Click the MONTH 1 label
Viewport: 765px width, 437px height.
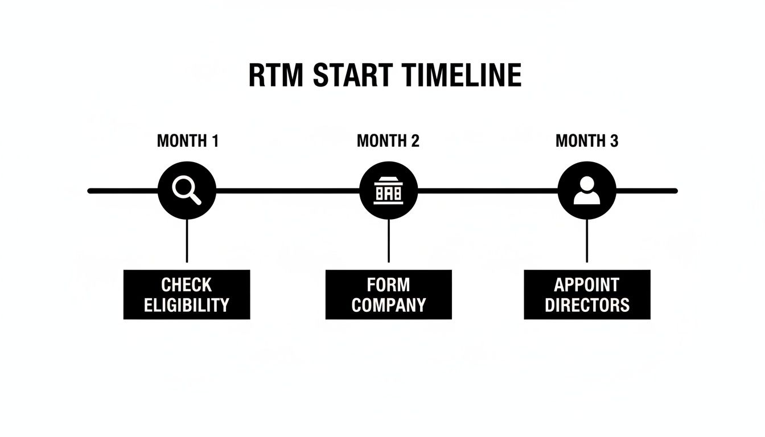(187, 141)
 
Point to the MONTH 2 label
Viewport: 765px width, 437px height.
(388, 141)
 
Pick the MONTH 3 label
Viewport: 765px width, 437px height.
(587, 141)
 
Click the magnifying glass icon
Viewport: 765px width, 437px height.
(187, 190)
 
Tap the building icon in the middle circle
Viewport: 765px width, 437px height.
(388, 192)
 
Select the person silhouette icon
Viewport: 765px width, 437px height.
(587, 191)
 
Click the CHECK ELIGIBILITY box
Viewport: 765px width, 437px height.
(187, 294)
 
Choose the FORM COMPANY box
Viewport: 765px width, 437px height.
(388, 294)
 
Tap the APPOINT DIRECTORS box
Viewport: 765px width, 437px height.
(587, 294)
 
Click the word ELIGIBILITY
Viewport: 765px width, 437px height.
(187, 305)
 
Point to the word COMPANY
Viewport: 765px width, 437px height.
(388, 305)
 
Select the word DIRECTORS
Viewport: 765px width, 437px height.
(587, 305)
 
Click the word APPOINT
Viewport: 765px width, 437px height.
(587, 285)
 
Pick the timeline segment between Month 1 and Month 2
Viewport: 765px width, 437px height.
(287, 191)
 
